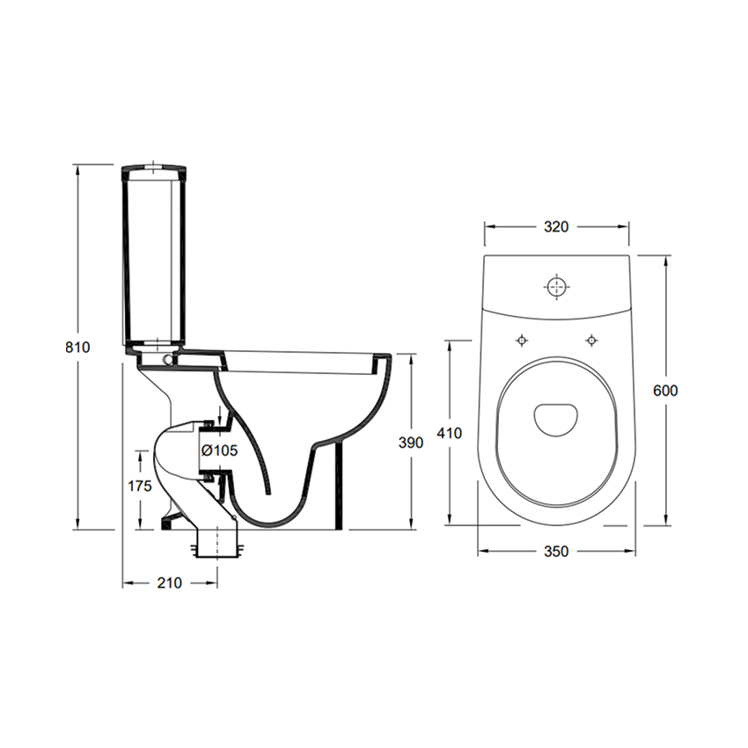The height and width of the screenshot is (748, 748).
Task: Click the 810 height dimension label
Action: (77, 347)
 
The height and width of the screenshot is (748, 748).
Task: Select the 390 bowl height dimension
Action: (411, 443)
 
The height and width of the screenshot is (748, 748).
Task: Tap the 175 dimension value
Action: (140, 486)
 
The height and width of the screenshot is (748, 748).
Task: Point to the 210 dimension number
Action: (170, 583)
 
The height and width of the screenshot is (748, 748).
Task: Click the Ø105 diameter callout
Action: (219, 450)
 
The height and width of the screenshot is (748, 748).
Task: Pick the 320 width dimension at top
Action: (556, 226)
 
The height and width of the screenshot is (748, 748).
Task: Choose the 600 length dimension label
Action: (665, 390)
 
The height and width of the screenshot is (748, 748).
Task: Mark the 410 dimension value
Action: (450, 433)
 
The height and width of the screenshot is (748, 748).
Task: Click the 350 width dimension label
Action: (556, 551)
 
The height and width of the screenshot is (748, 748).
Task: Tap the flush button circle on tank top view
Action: (557, 286)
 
